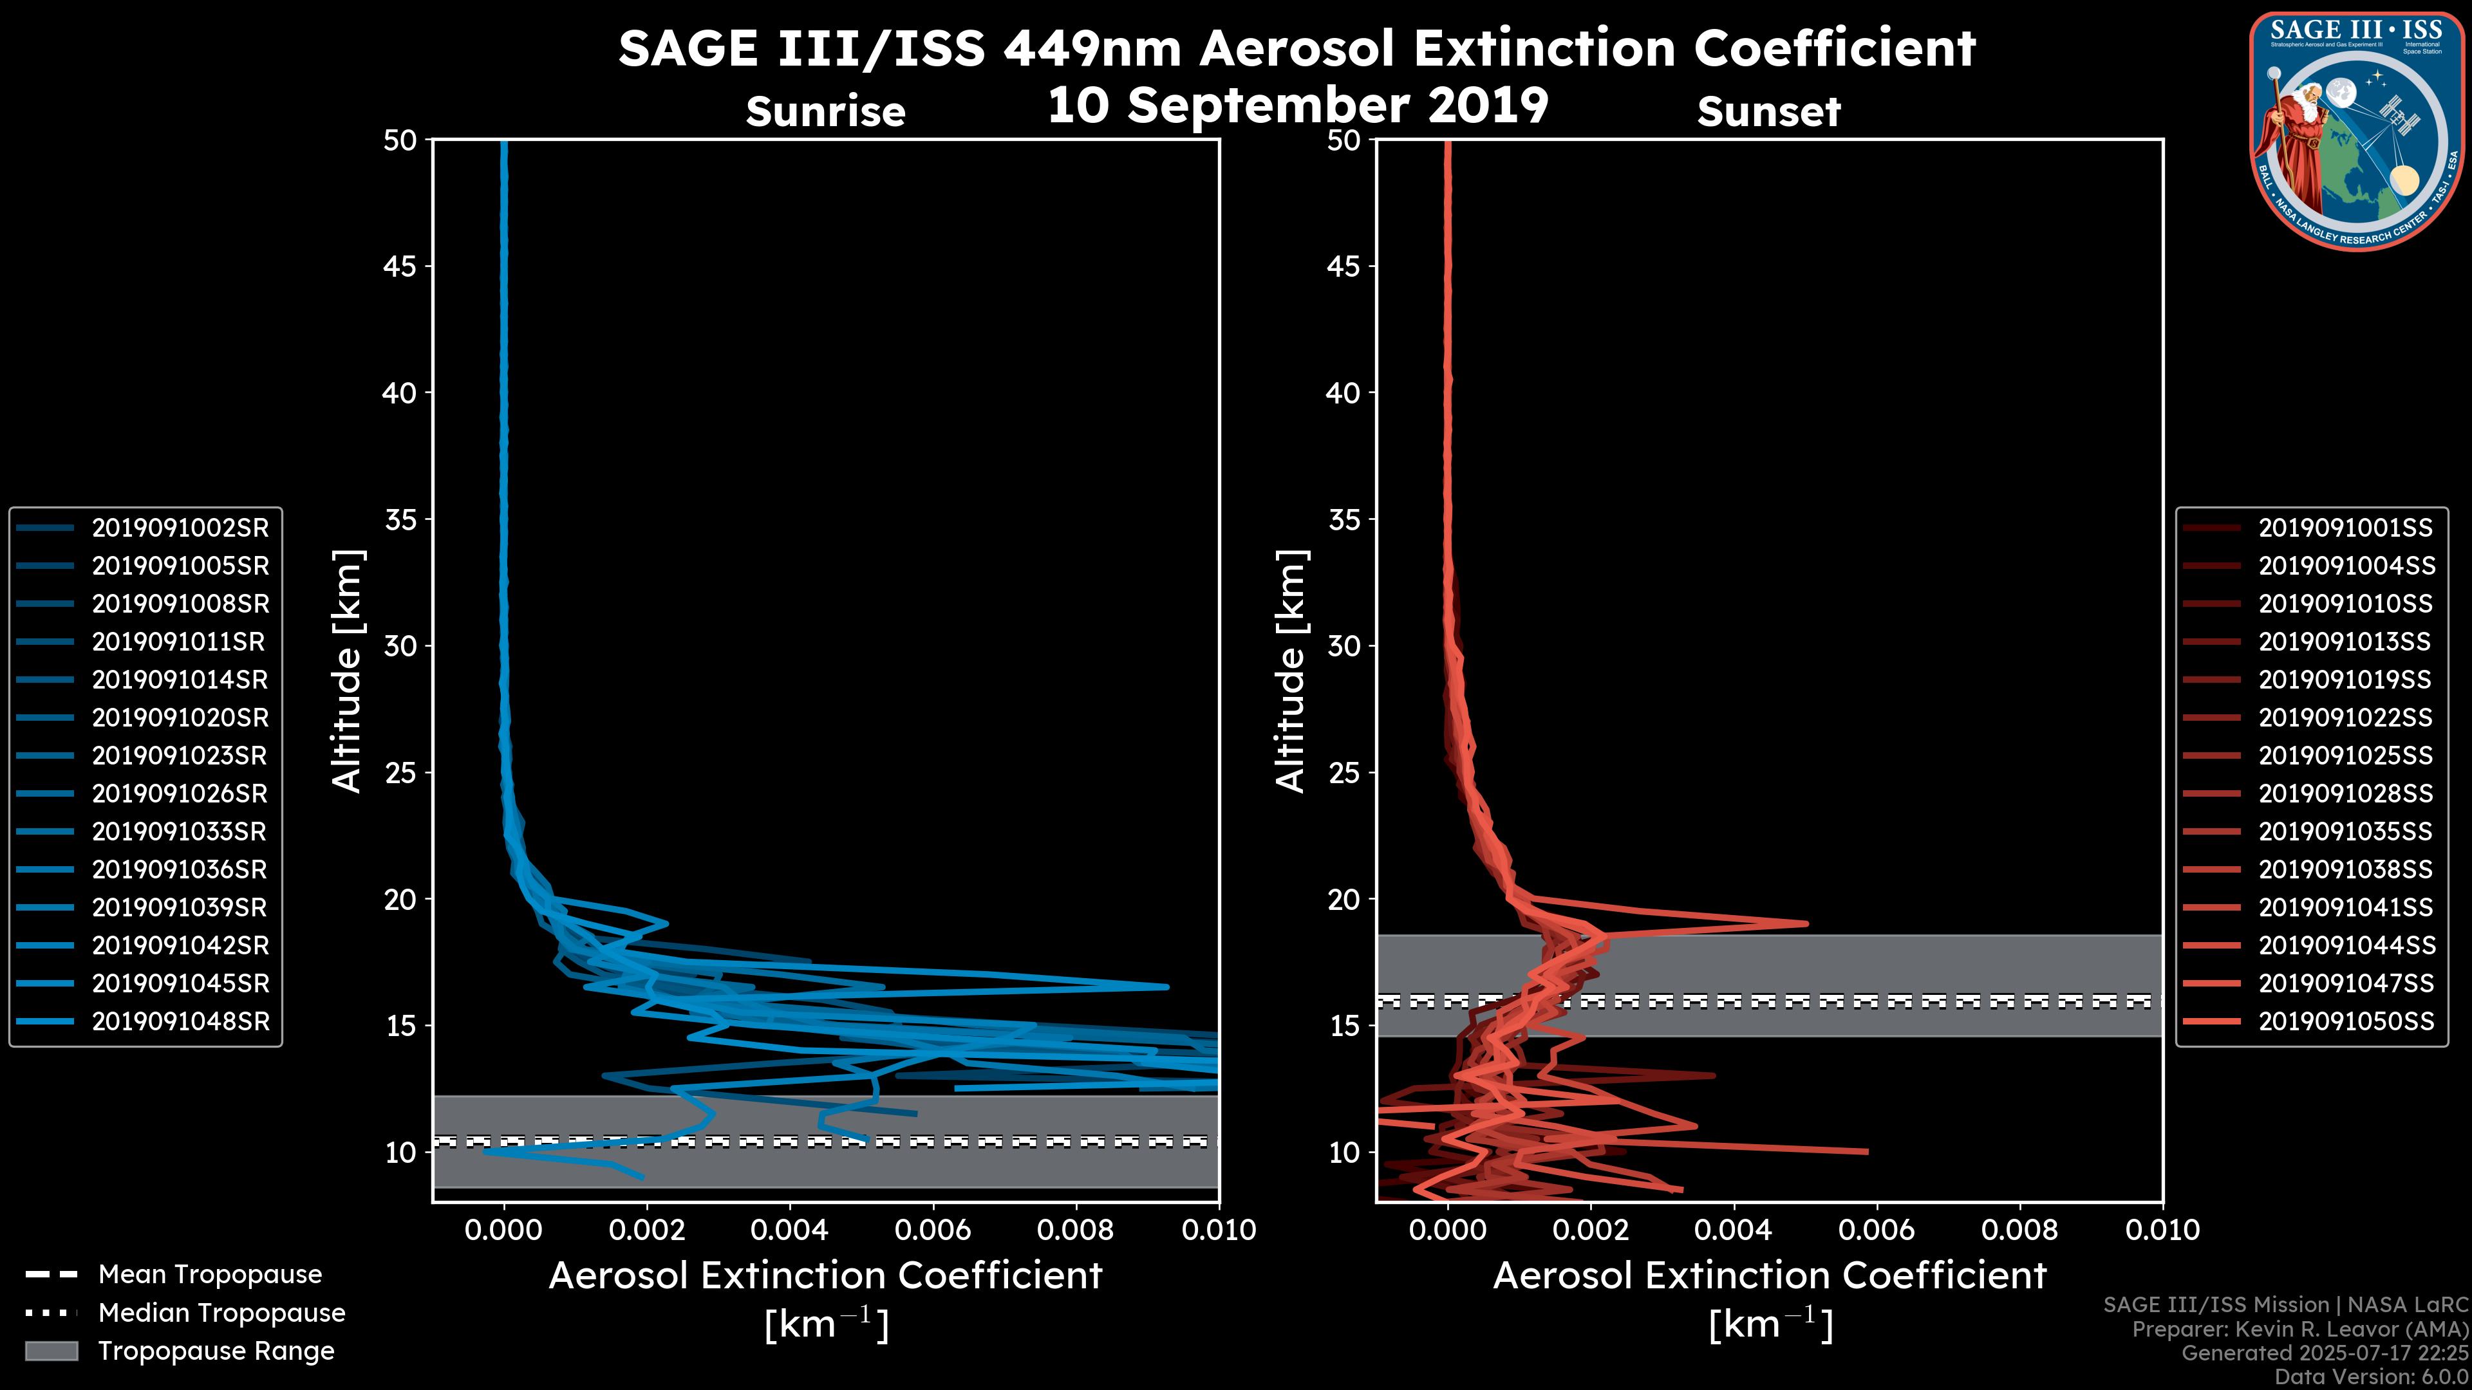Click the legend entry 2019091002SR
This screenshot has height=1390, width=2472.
[180, 528]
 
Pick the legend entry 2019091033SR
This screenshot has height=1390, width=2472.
[180, 831]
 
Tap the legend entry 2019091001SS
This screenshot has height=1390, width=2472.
[2345, 528]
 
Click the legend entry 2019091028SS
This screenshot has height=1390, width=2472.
[2345, 793]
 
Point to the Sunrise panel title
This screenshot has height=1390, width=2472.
[825, 112]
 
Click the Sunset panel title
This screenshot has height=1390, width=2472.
[1768, 112]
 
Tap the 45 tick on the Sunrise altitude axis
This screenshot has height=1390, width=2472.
[400, 266]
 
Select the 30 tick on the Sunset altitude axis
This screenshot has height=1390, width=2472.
[1344, 645]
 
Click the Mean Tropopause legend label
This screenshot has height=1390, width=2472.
[209, 1274]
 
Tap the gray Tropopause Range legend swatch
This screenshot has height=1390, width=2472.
[51, 1351]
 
